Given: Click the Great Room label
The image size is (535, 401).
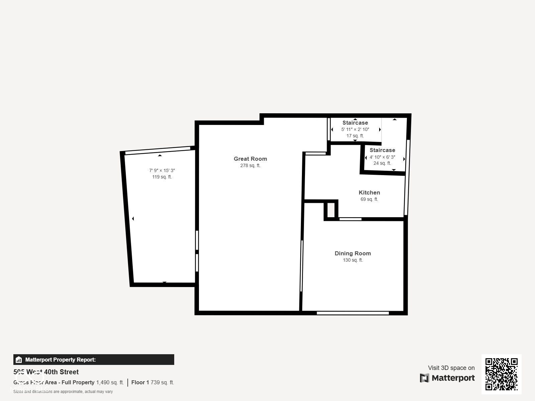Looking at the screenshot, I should (250, 159).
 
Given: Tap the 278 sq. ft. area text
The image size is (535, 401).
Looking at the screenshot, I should (250, 165).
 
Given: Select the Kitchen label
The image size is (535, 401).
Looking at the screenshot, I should (369, 192).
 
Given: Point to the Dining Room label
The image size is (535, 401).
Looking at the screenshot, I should (352, 253).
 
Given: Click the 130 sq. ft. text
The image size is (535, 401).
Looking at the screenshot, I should (352, 260).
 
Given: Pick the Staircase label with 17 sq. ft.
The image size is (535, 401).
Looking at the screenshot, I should (355, 123).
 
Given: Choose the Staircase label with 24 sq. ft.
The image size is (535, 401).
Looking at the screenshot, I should (382, 150).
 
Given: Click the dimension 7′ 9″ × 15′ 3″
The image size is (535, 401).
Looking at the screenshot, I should (162, 170).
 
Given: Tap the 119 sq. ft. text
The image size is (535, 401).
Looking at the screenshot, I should (162, 177).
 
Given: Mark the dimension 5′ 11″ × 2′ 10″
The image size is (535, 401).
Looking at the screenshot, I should (355, 129).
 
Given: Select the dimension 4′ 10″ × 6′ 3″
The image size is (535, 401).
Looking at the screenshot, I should (382, 157).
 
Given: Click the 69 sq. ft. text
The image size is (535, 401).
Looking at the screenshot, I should (369, 199).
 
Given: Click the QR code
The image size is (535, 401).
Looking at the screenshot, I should (501, 374).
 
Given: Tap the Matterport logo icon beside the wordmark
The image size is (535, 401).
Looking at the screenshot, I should (424, 378).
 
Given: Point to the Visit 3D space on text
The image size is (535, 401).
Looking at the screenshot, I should (451, 368).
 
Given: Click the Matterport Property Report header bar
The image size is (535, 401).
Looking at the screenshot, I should (94, 360).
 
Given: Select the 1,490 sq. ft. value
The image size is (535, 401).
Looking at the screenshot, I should (110, 382).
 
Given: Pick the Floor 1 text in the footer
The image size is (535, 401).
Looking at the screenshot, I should (140, 382).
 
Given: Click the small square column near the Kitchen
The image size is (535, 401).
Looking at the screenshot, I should (331, 210).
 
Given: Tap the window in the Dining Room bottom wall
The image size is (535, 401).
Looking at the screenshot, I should (353, 313).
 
